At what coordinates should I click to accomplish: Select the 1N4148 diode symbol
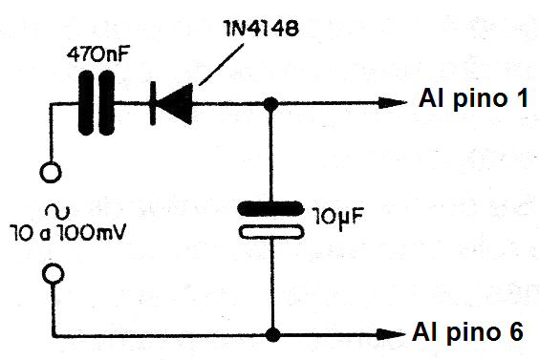[x=172, y=102]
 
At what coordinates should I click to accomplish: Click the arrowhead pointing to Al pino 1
[x=392, y=102]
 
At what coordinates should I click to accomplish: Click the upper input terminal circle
[x=54, y=175]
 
